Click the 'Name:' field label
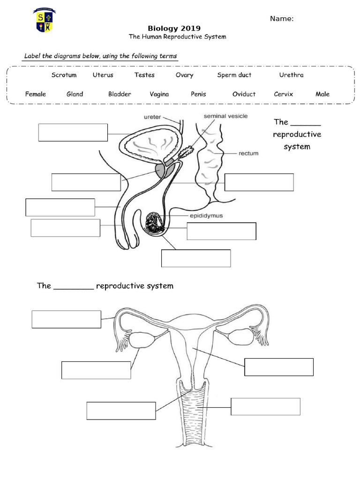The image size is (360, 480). point(282,19)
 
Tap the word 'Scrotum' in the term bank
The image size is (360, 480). point(64,75)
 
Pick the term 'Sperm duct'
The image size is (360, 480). point(234,75)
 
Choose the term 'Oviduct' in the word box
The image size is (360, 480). point(244,94)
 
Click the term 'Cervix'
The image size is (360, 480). point(283,94)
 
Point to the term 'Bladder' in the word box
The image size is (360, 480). point(120,94)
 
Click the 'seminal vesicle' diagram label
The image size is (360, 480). point(225,116)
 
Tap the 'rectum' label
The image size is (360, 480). point(248,153)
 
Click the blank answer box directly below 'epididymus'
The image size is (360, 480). point(221,231)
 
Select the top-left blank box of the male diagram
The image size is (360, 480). point(73,132)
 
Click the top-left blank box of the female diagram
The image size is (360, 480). point(66,319)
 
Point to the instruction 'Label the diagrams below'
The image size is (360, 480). point(100,56)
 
